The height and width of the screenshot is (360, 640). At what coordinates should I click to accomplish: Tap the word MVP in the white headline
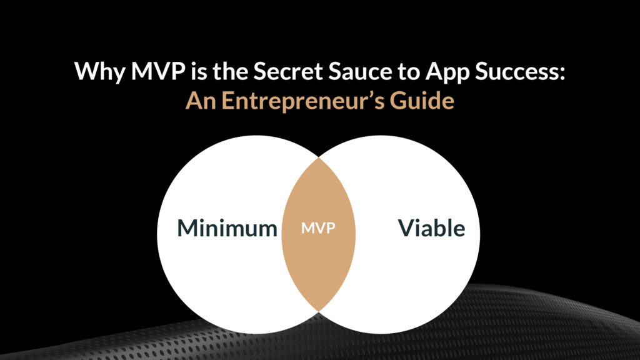(x=157, y=71)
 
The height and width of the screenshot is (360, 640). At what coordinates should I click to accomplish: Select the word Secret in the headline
(x=287, y=71)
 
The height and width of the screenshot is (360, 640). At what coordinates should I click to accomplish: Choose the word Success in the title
(x=517, y=71)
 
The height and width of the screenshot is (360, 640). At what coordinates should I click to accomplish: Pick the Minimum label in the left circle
(x=227, y=227)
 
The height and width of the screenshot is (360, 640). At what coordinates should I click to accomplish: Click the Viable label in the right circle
(x=431, y=227)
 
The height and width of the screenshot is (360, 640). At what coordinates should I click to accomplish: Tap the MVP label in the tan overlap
(x=318, y=227)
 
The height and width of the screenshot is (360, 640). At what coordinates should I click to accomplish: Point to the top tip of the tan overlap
(x=318, y=158)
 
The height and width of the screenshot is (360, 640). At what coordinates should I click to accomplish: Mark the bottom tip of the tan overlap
(x=318, y=312)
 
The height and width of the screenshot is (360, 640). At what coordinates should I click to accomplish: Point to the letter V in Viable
(x=406, y=228)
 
